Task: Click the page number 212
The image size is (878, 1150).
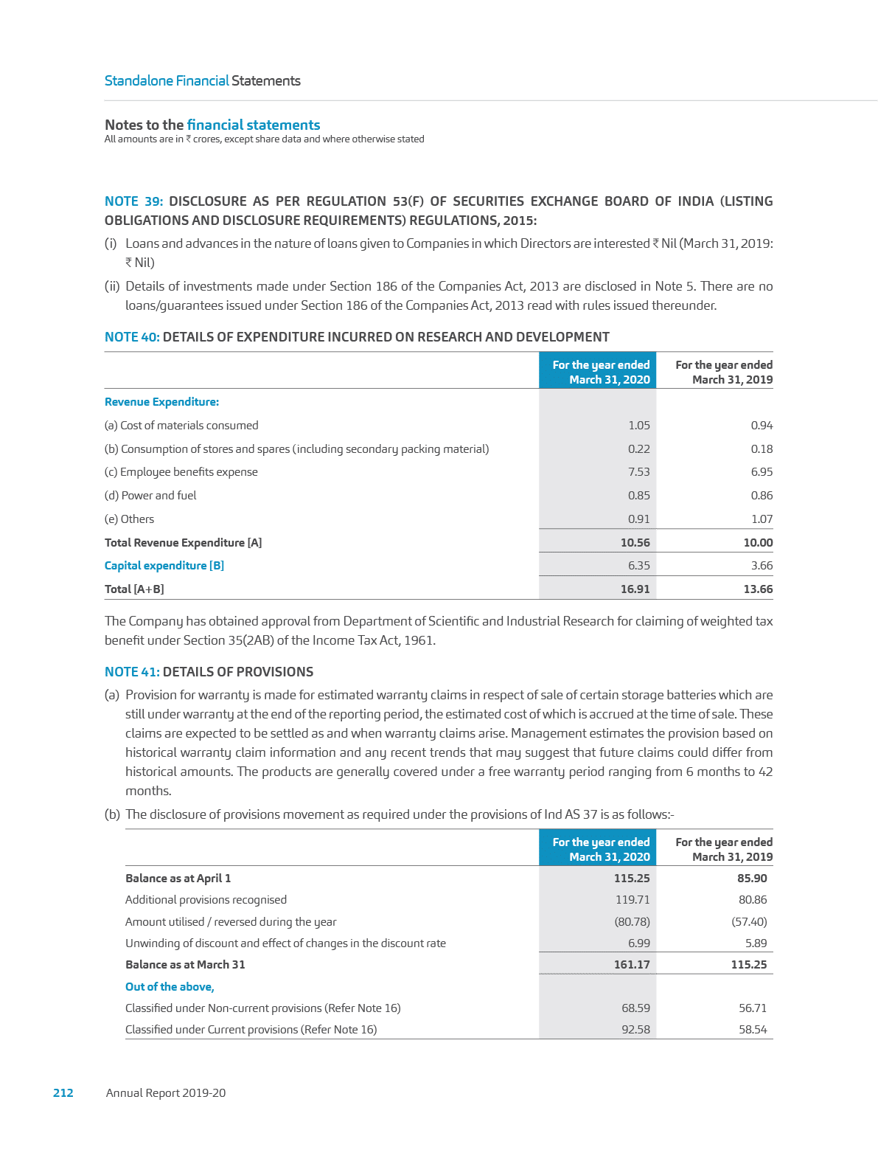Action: point(63,1092)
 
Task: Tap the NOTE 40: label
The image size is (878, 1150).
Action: point(132,337)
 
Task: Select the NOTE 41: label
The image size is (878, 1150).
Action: point(132,672)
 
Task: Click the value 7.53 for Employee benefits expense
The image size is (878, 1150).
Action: point(638,472)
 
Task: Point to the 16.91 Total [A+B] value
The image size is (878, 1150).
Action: point(635,589)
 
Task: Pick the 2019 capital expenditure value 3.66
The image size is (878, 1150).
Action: point(762,566)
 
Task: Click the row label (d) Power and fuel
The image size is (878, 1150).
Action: point(150,496)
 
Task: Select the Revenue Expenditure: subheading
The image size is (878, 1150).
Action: point(161,402)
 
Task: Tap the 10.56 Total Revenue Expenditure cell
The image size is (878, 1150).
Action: point(635,543)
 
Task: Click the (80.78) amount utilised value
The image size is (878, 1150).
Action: point(632,922)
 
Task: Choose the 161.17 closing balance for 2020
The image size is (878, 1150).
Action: point(632,965)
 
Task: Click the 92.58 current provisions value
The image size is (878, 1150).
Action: point(635,1030)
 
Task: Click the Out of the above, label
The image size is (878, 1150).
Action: point(170,987)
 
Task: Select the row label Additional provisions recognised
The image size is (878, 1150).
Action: point(206,900)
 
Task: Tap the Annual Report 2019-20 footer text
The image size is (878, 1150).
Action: point(166,1092)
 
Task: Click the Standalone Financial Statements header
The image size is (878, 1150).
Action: point(203,81)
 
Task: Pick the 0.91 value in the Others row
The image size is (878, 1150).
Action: point(638,519)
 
